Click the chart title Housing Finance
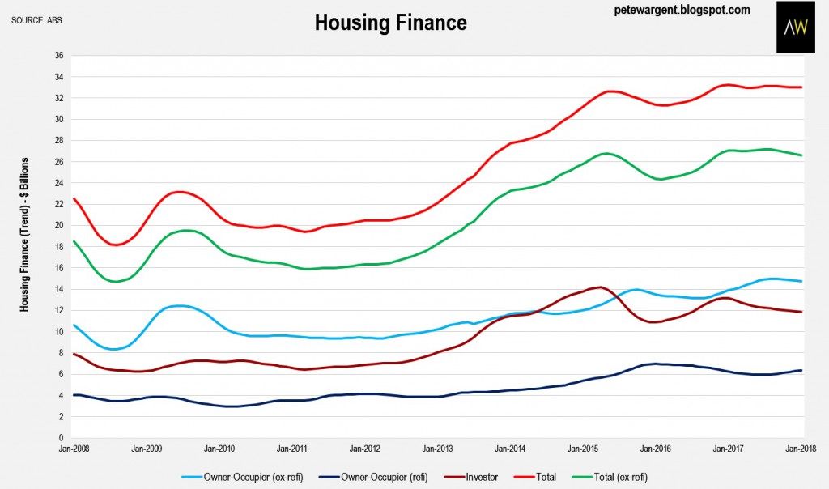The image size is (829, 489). click(x=390, y=22)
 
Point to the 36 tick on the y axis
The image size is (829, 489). click(x=58, y=56)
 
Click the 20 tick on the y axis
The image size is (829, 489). click(x=58, y=225)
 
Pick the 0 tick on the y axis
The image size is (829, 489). click(x=61, y=438)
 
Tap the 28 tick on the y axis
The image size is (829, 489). click(x=58, y=141)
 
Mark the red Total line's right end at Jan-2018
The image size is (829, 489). click(x=801, y=87)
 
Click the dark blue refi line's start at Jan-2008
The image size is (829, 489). click(x=74, y=395)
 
